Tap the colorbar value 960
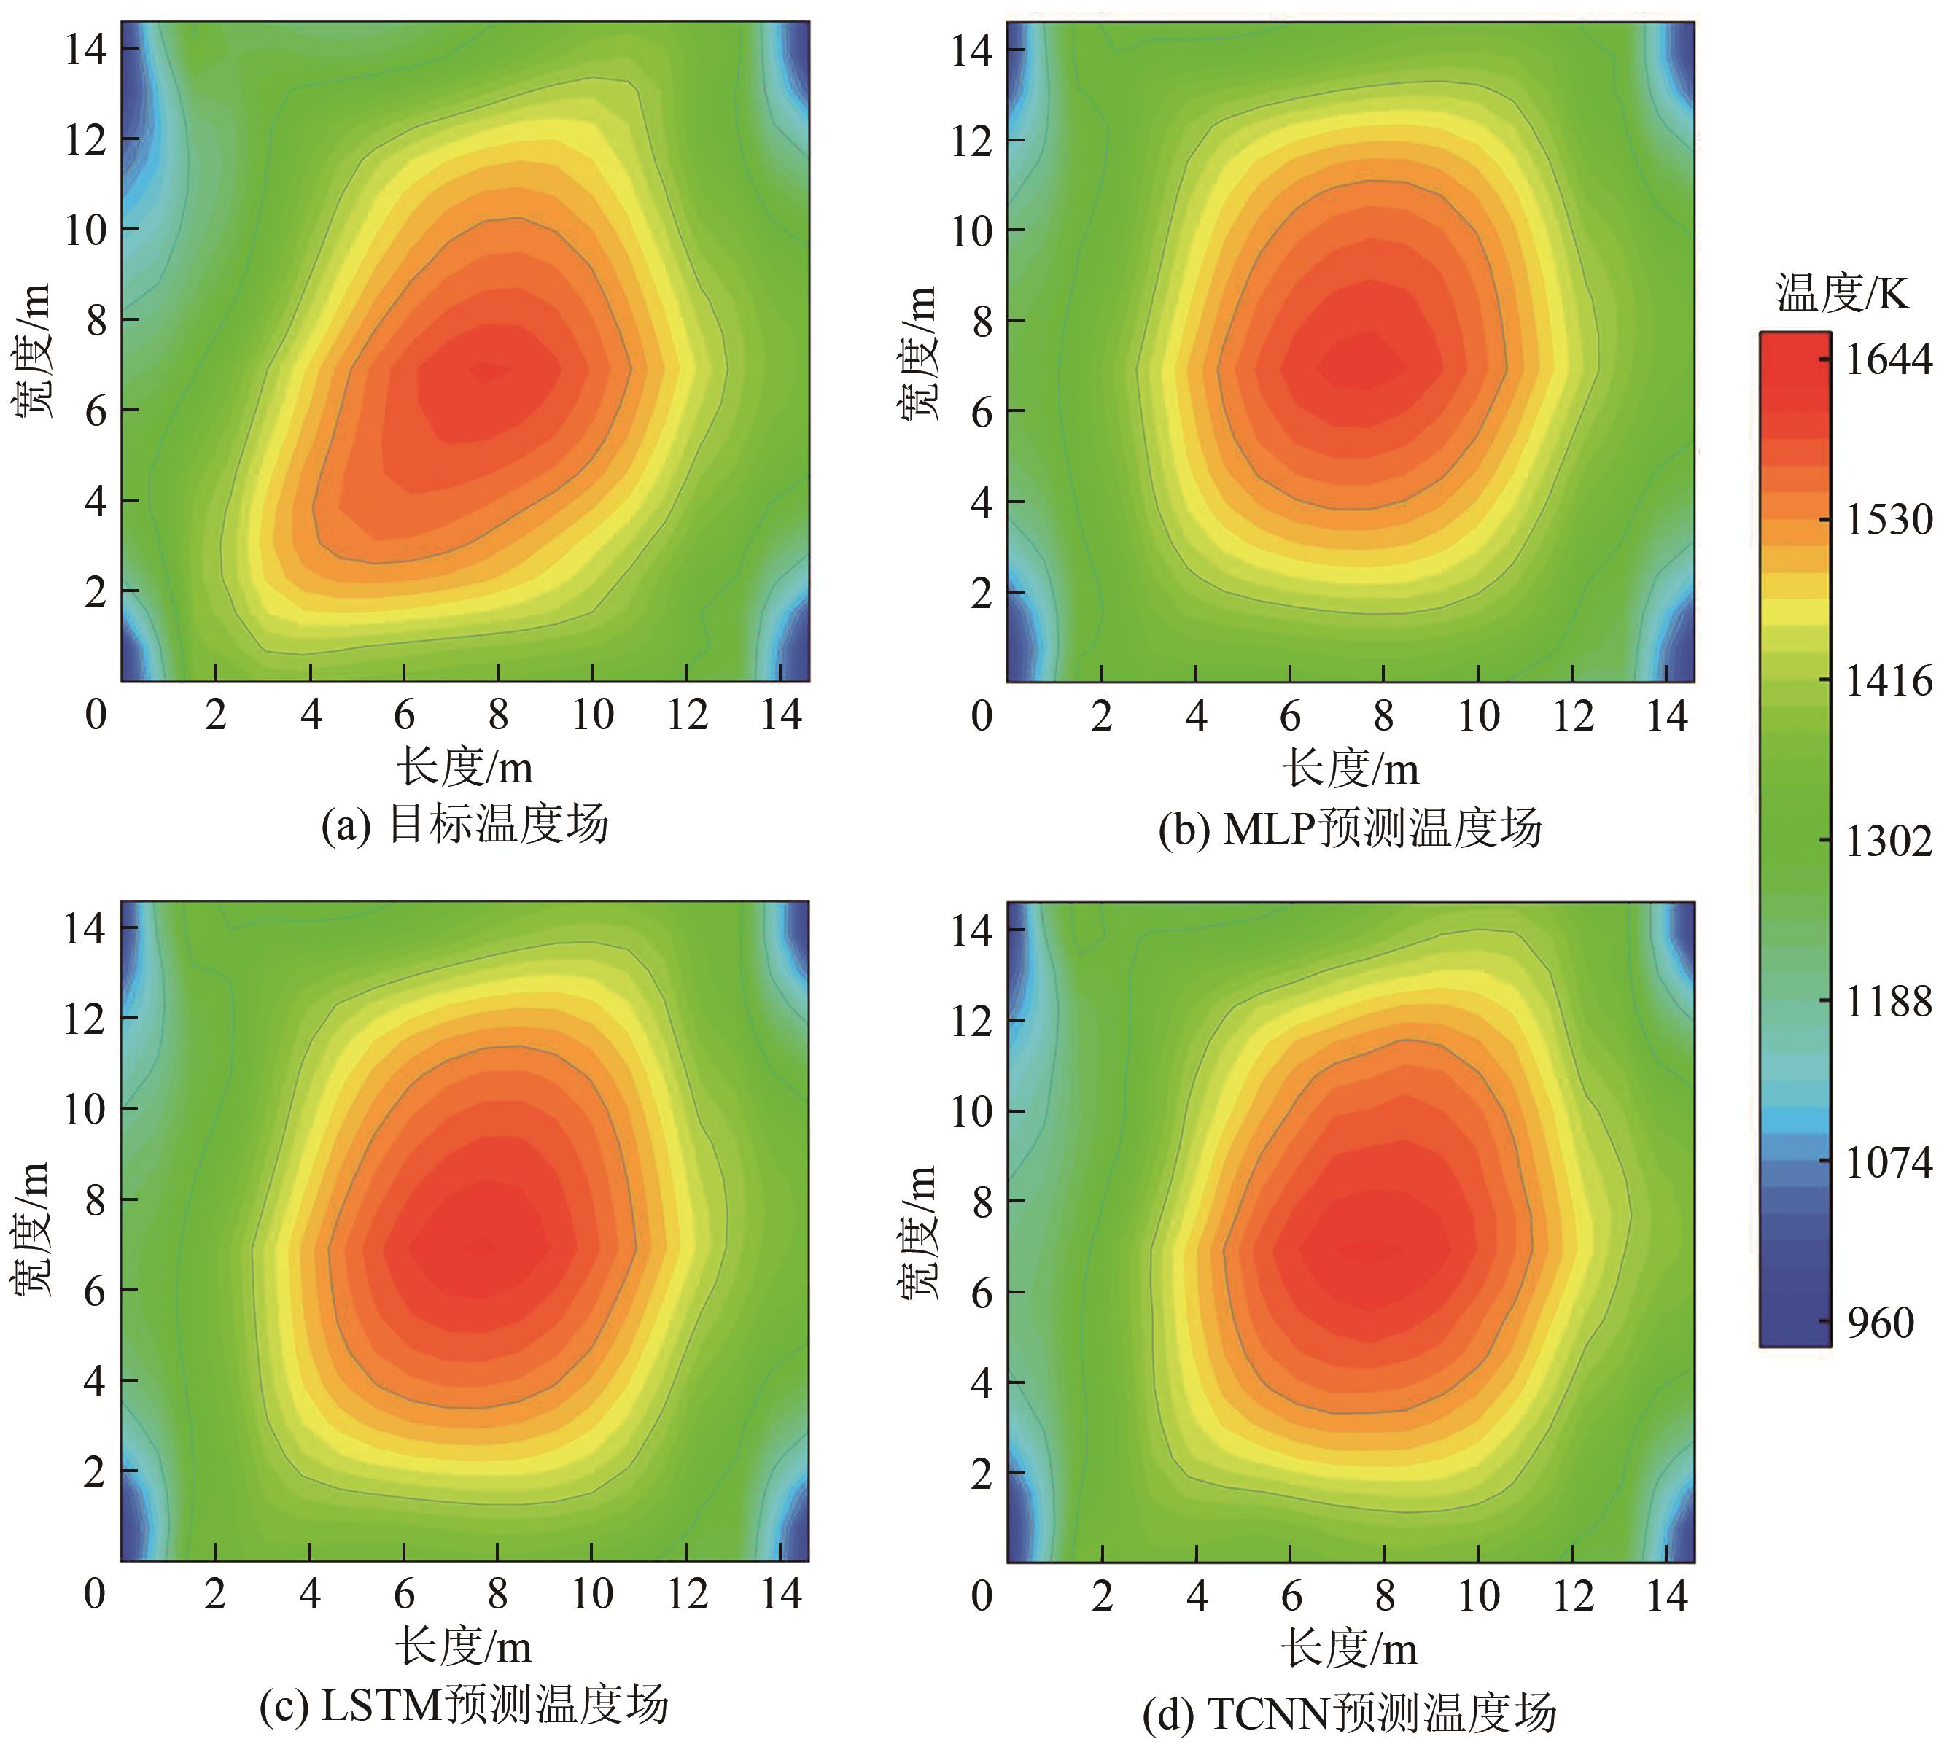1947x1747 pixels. pos(1880,1323)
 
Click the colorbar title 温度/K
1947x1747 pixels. pos(1841,293)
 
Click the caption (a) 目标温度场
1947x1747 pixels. pos(465,825)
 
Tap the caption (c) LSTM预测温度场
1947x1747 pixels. pos(464,1705)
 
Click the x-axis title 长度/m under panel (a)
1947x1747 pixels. pos(465,767)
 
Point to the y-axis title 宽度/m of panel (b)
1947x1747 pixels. pos(920,352)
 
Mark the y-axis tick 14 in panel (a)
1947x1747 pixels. pos(85,49)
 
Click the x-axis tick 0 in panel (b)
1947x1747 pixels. pos(982,716)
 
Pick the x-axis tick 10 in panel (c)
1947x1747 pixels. pos(592,1595)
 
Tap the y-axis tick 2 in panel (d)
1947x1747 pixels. pos(982,1474)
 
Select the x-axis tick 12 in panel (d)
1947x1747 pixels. pos(1573,1596)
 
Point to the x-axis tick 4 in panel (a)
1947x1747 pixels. pos(310,715)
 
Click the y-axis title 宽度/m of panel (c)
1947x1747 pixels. pos(34,1231)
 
